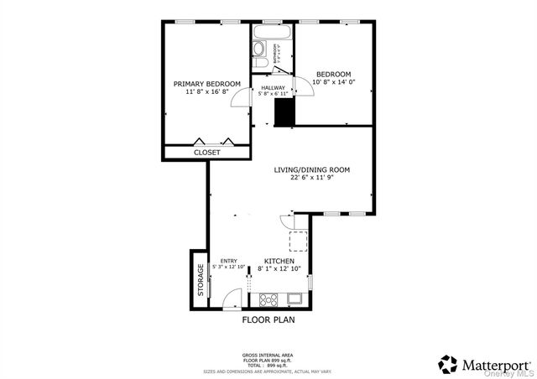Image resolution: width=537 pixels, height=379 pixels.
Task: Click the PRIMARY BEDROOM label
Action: tap(206, 84)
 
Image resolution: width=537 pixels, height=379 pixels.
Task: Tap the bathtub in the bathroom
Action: tap(272, 34)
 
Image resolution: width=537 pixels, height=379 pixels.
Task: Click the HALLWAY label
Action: tap(273, 88)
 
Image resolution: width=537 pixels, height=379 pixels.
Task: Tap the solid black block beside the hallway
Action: tap(285, 112)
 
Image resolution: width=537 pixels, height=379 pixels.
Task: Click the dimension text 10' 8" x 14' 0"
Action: tap(333, 82)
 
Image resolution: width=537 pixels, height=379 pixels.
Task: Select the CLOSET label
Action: tap(206, 153)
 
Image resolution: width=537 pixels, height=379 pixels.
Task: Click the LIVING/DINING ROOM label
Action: tap(312, 169)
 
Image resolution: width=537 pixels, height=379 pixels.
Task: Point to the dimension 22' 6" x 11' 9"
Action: tap(312, 178)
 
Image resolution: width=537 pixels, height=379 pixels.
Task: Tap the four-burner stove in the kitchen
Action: tap(269, 299)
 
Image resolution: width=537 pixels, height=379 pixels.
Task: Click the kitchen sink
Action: tap(294, 299)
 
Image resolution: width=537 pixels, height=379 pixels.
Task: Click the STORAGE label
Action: tap(201, 280)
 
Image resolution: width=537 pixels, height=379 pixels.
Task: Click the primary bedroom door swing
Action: tap(241, 97)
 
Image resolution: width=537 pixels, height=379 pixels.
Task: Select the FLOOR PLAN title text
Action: tap(268, 319)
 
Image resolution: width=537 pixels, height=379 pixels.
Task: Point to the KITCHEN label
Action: tap(279, 262)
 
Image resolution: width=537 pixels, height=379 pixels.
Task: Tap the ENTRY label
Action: tap(228, 262)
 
